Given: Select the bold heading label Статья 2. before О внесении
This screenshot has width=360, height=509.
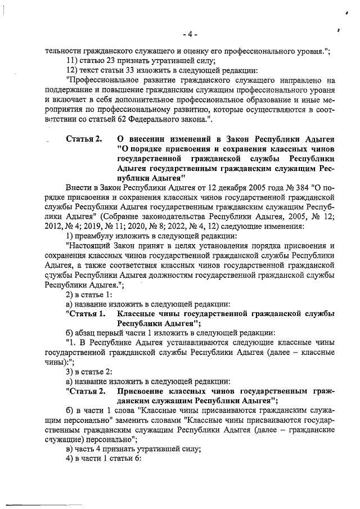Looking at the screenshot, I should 84,139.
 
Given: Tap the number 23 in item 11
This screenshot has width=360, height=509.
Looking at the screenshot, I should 109,61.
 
